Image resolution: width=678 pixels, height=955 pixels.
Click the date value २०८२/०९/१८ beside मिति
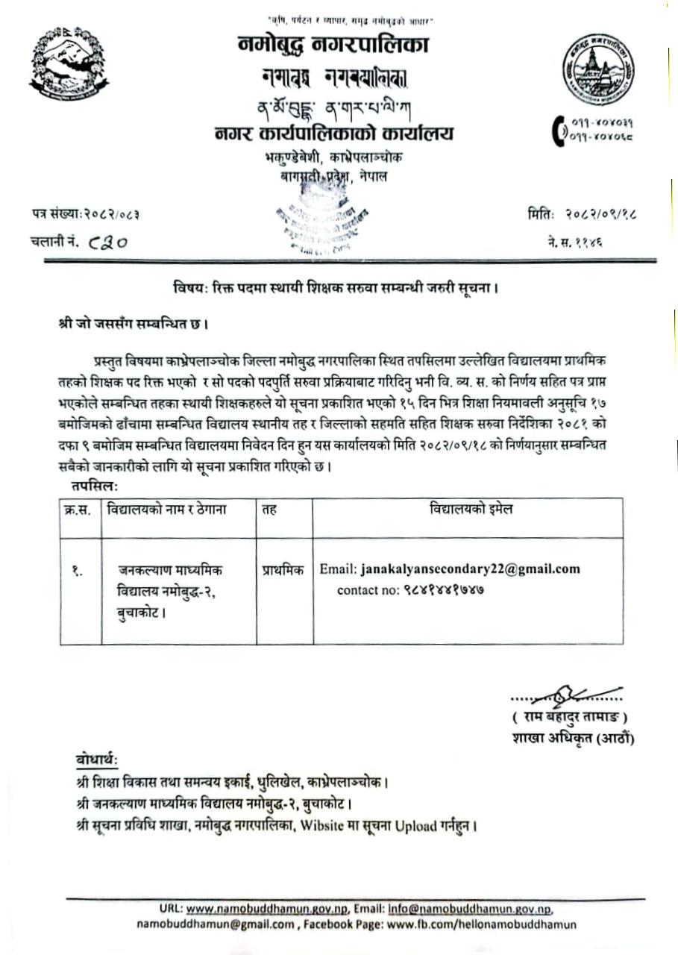point(602,216)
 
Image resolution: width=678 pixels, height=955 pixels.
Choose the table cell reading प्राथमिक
point(283,569)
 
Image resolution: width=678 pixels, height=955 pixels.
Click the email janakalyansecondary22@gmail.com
point(470,569)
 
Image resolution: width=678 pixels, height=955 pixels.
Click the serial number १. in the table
point(78,571)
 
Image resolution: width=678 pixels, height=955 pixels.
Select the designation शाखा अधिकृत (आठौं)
point(572,739)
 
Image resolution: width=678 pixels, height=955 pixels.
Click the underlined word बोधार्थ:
point(96,760)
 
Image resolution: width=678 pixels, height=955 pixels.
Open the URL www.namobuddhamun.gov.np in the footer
point(266,909)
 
